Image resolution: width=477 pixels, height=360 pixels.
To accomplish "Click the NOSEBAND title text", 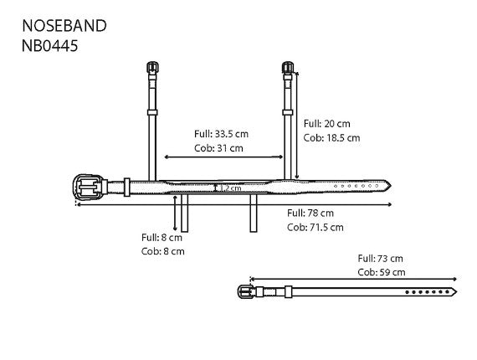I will (64, 25).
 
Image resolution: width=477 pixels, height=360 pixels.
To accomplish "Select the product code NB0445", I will (50, 47).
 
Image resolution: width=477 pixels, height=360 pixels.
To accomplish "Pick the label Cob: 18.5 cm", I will (332, 137).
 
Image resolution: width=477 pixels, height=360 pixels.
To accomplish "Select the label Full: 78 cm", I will (310, 213).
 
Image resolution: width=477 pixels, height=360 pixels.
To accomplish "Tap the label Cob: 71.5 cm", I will (315, 227).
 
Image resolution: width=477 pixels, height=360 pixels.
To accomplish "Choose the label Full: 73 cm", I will (381, 258).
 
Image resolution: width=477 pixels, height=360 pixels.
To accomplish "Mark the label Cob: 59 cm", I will (381, 272).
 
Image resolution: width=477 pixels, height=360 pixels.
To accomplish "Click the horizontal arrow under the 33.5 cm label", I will (223, 156).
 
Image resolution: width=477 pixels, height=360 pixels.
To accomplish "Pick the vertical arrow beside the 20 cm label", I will (297, 126).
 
